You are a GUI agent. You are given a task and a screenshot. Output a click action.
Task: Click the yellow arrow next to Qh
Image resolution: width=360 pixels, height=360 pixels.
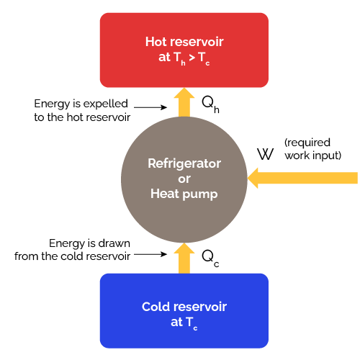point(184,102)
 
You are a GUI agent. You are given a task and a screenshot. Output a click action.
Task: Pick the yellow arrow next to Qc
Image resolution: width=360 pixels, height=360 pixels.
point(184,258)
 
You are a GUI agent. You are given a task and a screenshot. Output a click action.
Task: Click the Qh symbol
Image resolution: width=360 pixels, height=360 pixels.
point(210,106)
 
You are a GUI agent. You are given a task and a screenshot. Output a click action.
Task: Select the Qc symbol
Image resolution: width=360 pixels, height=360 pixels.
point(210,257)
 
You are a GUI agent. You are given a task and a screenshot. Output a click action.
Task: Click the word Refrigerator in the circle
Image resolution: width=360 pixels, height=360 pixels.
point(184,163)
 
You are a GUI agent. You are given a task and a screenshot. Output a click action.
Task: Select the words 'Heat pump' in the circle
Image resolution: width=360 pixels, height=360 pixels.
point(184,193)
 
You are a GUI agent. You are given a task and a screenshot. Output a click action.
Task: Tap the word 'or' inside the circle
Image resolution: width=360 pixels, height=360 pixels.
point(184,179)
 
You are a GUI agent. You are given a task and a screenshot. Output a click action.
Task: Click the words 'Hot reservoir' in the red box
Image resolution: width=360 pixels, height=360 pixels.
point(184,41)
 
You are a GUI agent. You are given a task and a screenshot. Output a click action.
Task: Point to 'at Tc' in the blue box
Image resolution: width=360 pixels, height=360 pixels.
point(184,323)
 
